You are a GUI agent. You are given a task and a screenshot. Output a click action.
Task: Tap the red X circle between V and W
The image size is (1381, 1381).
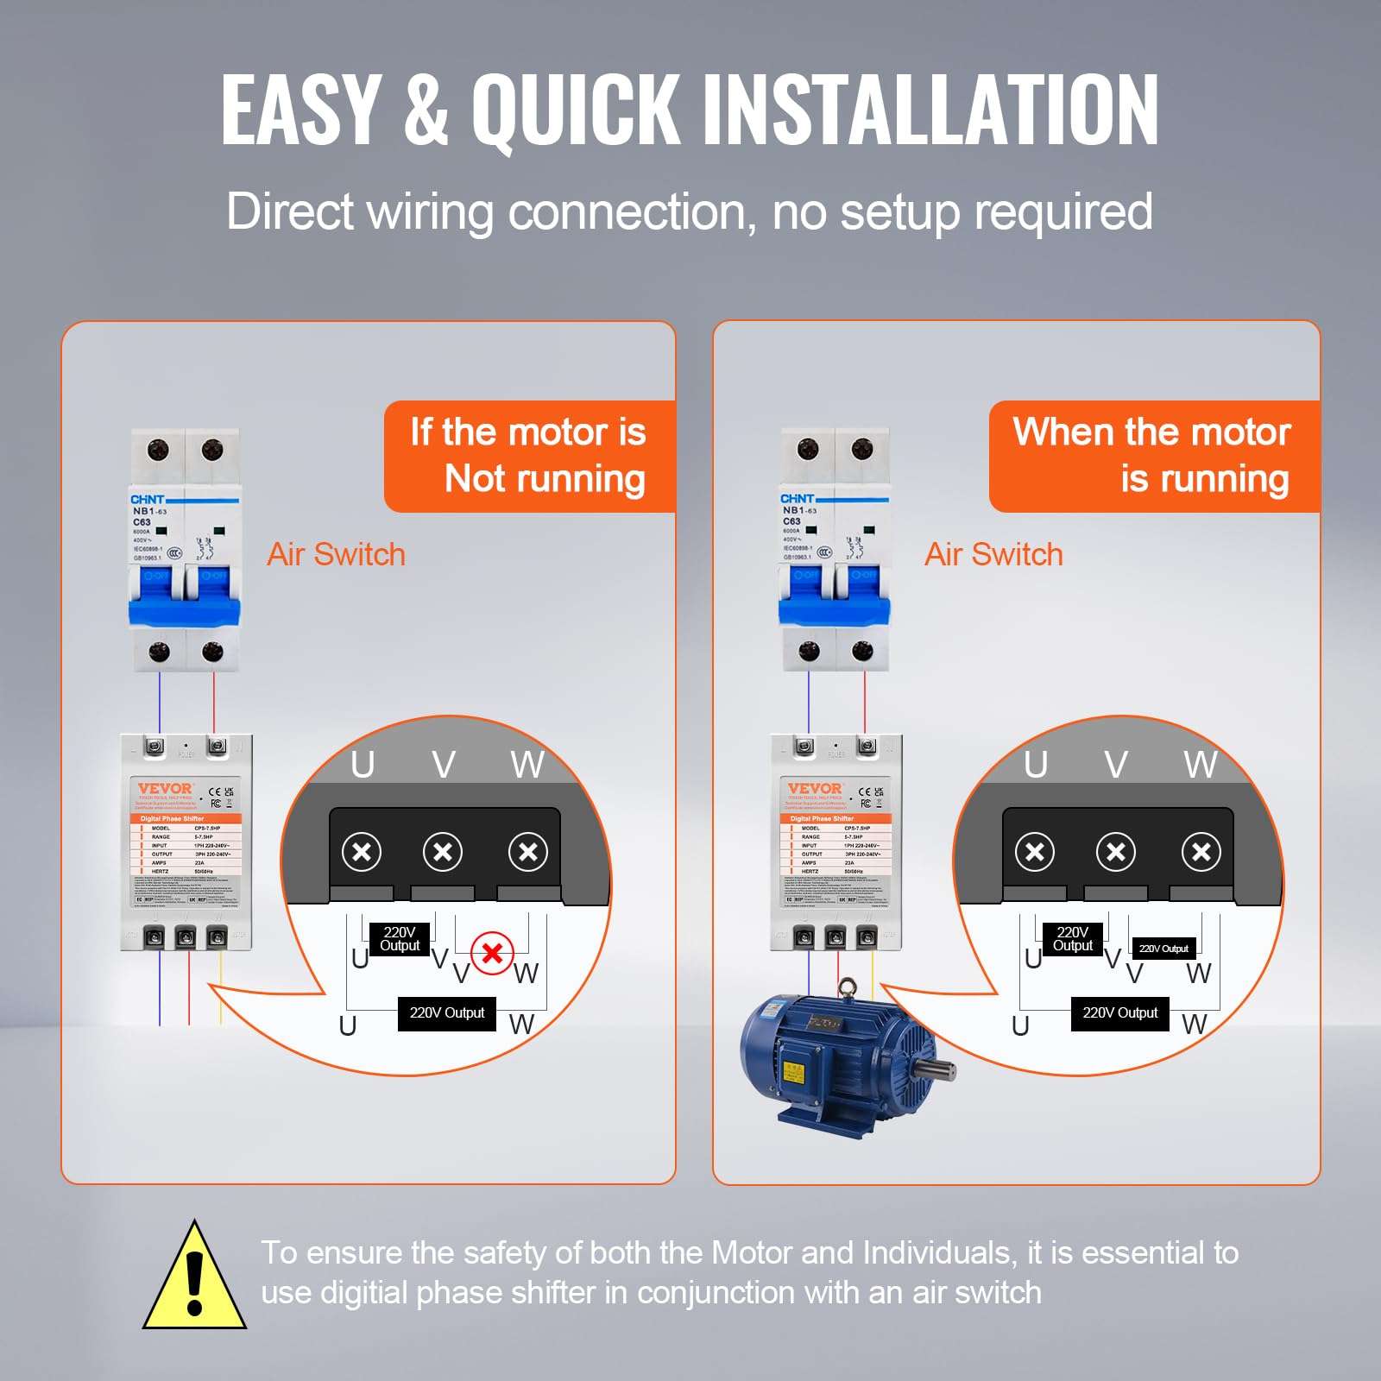click(493, 954)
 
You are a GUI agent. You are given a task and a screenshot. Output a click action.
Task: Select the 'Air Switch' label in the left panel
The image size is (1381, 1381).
click(336, 554)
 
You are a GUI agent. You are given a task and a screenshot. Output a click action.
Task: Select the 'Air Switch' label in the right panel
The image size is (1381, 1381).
click(993, 554)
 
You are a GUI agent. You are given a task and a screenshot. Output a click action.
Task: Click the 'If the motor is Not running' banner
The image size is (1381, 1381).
click(528, 455)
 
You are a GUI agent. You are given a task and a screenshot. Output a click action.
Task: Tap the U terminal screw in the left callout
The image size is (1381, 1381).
click(362, 853)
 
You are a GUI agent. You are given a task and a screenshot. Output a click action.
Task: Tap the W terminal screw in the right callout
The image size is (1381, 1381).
click(1201, 853)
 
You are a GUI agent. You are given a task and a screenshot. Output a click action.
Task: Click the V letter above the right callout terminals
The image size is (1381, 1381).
click(1116, 765)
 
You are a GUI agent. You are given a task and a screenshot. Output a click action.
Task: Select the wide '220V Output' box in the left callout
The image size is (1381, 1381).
click(446, 1012)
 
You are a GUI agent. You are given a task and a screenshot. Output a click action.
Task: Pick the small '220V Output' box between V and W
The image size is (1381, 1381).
click(1163, 949)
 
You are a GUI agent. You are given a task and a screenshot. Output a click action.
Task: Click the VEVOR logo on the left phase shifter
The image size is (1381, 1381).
click(165, 788)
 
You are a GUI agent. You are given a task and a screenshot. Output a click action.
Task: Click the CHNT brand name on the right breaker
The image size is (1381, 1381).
click(797, 499)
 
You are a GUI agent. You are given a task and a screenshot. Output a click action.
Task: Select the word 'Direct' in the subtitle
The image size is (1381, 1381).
click(290, 211)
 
